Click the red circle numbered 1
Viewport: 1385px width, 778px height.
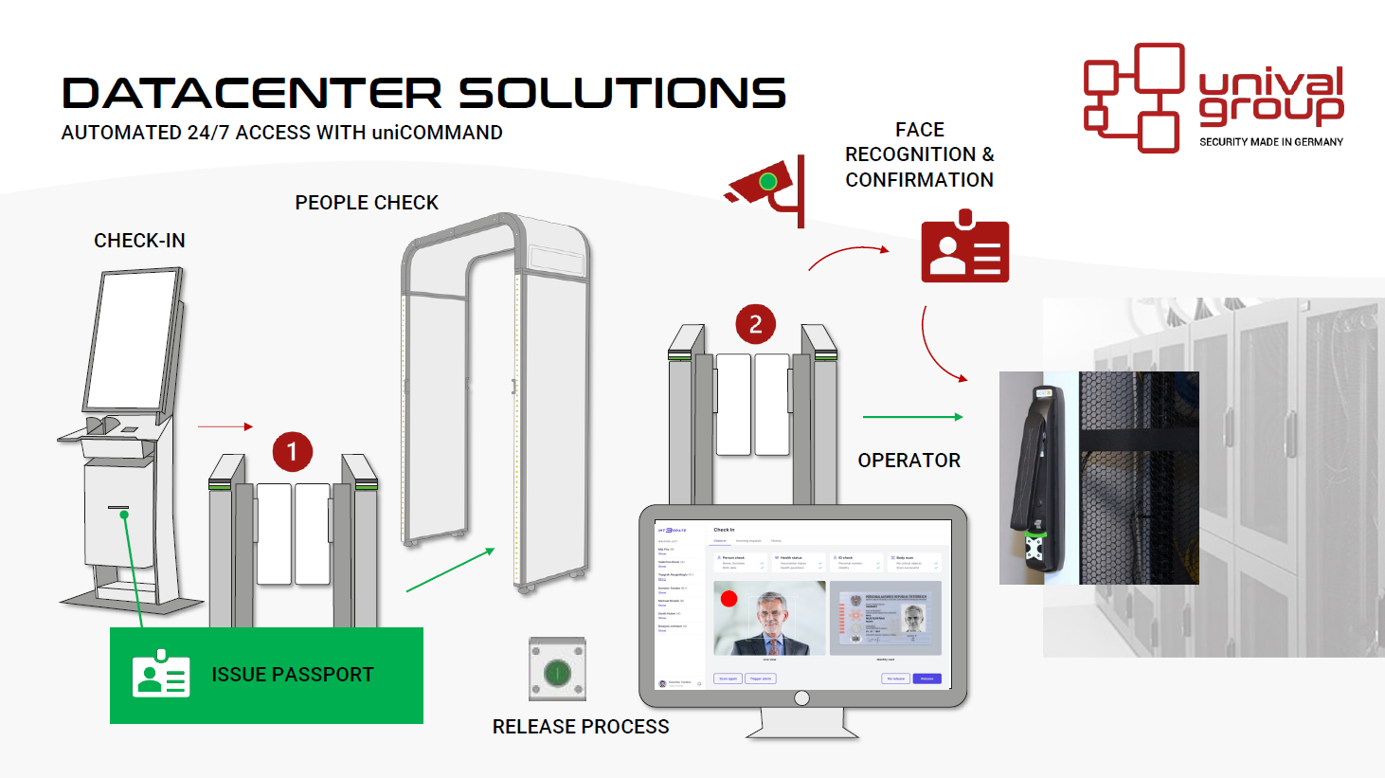[x=293, y=452]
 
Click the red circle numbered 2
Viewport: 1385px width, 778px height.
[x=755, y=324]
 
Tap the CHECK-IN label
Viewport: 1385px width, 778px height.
[x=139, y=241]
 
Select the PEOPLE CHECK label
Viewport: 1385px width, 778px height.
[x=367, y=203]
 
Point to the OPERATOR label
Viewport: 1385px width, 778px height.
[x=908, y=461]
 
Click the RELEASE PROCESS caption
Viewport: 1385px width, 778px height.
[x=580, y=727]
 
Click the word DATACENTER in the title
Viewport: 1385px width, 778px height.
[x=252, y=94]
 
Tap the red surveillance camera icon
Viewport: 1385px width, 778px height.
[x=765, y=188]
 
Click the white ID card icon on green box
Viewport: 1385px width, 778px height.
[x=161, y=675]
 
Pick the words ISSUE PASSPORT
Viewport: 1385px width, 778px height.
[x=293, y=675]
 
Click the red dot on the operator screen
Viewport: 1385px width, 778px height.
[x=728, y=599]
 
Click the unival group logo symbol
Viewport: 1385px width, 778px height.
[x=1134, y=97]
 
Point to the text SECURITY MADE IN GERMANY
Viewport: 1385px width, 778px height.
[x=1270, y=142]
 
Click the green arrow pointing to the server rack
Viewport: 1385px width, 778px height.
[x=912, y=416]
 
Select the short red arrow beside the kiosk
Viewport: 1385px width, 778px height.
[x=225, y=427]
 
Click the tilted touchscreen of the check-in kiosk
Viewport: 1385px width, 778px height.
[x=135, y=338]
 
